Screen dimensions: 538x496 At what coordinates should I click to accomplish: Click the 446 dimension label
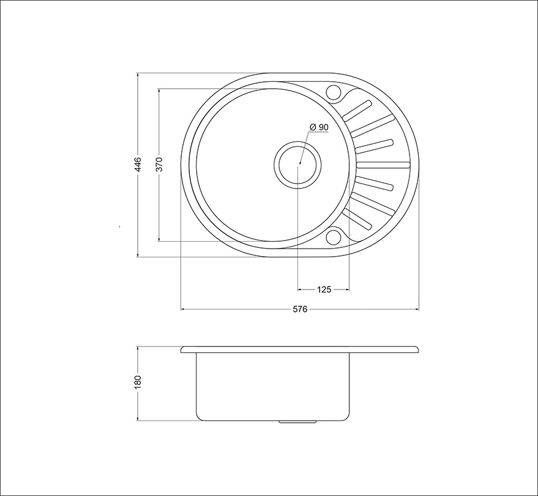(138, 164)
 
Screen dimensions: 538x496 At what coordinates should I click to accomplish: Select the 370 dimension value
(159, 164)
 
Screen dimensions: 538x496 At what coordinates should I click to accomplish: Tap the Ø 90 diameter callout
(319, 127)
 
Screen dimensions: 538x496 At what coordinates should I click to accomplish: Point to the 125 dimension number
(324, 290)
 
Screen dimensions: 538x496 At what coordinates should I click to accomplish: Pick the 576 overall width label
(300, 309)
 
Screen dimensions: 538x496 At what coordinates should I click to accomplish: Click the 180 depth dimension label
(138, 382)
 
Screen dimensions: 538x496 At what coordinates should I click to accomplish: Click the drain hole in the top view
(297, 164)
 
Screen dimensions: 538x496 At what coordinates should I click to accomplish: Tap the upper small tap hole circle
(332, 92)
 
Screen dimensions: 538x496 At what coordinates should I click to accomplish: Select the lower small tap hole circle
(332, 237)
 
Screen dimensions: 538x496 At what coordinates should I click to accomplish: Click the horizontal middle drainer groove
(383, 164)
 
